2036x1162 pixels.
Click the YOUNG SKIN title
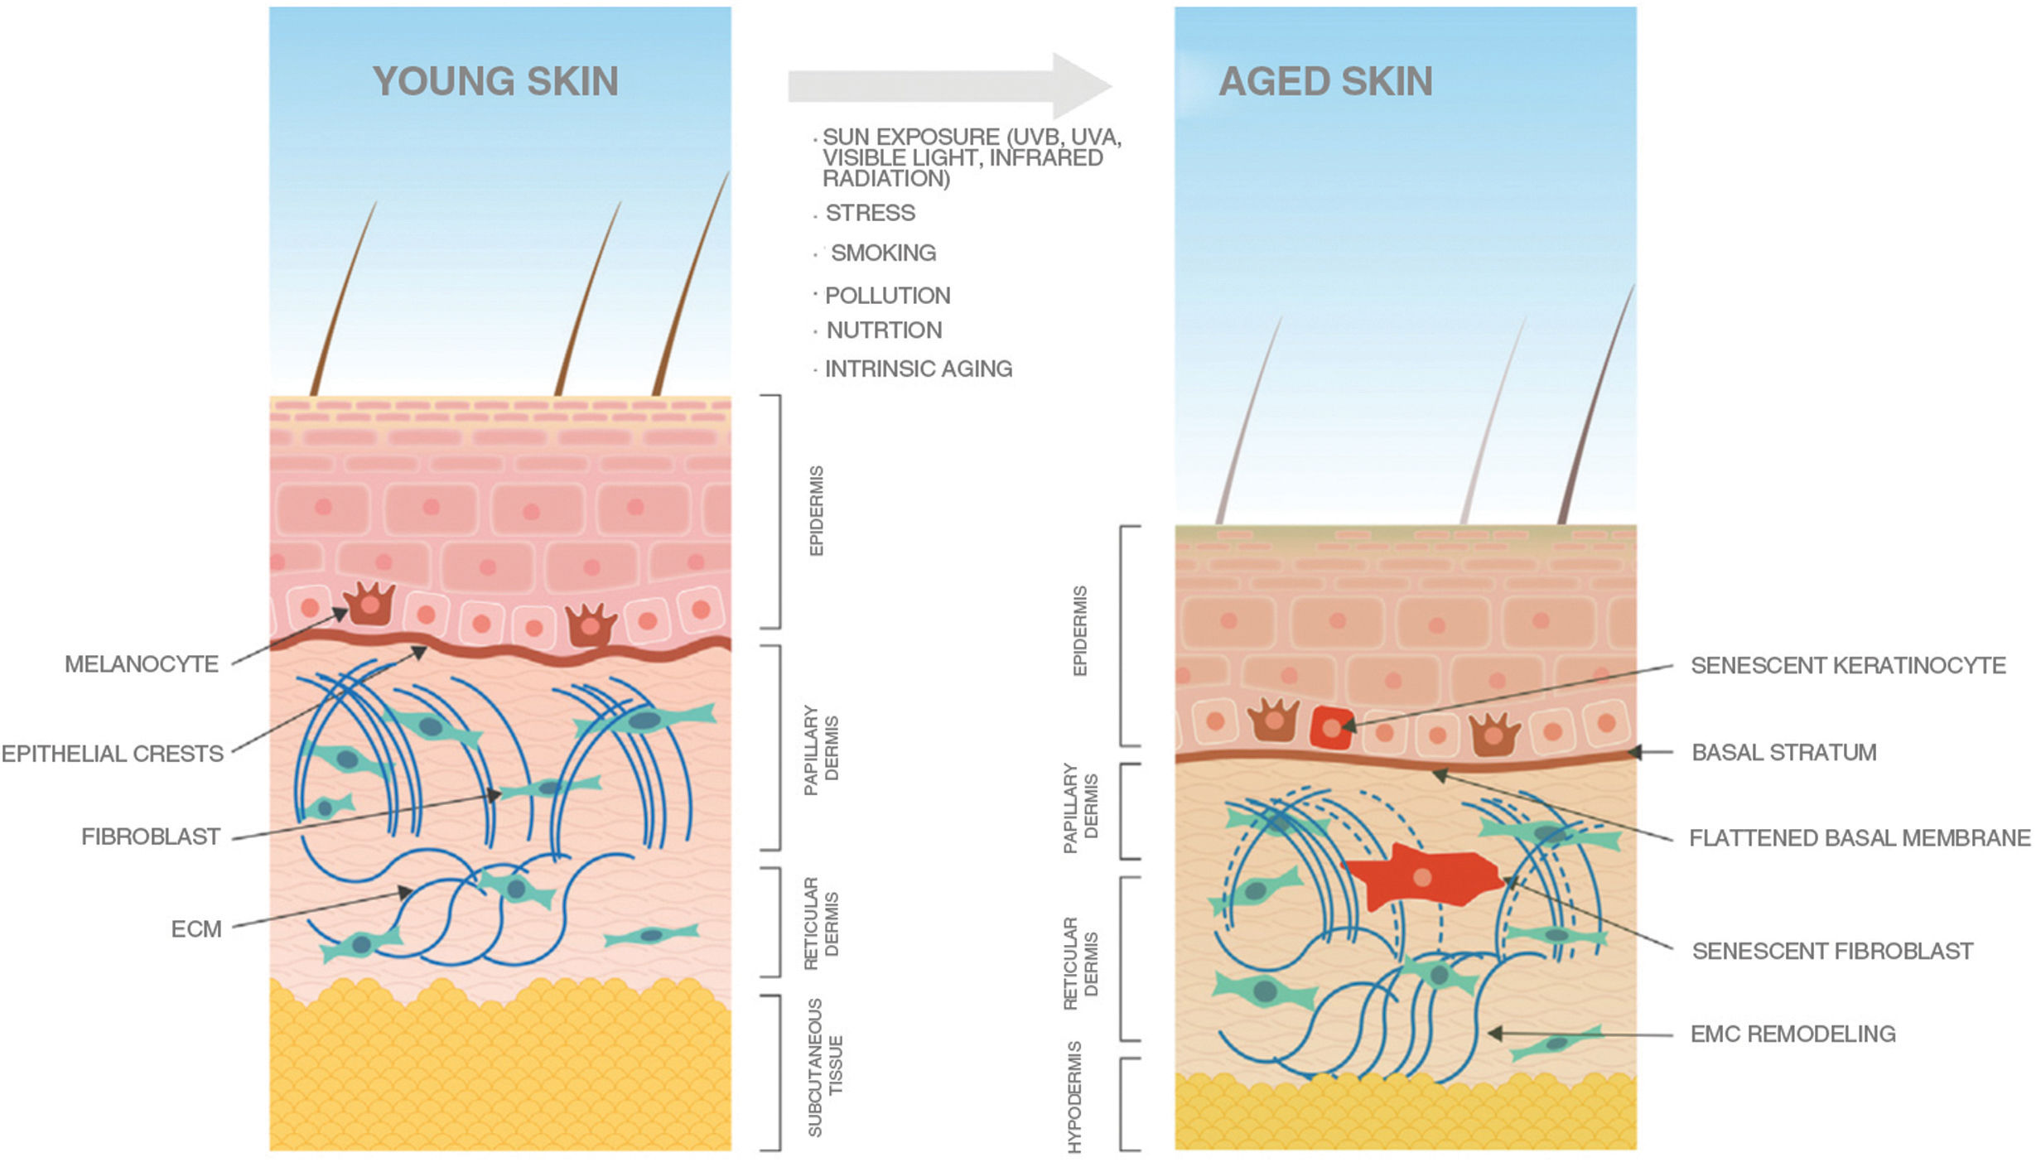(495, 81)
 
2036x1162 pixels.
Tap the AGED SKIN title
(1325, 81)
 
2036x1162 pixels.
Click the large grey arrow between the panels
(948, 85)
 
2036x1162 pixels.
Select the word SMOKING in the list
(883, 253)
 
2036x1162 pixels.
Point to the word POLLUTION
(887, 296)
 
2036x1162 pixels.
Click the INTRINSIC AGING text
(918, 369)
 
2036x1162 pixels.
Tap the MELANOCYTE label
(142, 664)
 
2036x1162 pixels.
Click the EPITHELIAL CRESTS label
(113, 754)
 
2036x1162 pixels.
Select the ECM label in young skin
(196, 929)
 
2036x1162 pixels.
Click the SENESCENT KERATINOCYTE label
(1848, 666)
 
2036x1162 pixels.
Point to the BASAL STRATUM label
(1783, 753)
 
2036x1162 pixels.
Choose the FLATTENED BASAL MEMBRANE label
(1860, 838)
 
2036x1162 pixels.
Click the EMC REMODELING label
(1792, 1034)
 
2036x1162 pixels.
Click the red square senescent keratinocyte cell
(1331, 728)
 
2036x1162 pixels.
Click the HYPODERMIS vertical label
(1074, 1097)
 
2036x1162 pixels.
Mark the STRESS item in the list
(870, 213)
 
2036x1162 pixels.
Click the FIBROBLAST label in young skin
(151, 837)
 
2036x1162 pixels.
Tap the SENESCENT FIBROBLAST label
(1832, 951)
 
